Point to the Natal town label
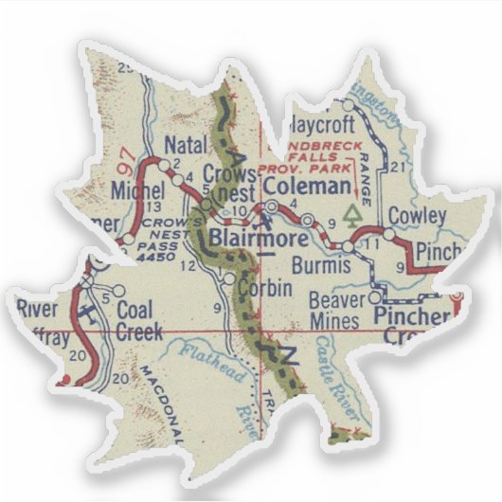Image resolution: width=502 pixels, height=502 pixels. click(x=185, y=145)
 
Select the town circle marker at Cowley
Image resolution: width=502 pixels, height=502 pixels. click(x=388, y=233)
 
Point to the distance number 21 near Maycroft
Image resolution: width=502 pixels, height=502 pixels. click(x=398, y=168)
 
